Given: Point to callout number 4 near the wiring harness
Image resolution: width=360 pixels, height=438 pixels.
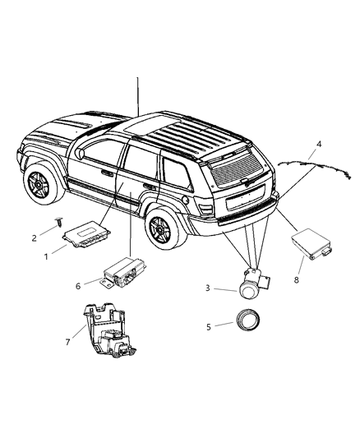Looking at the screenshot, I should tap(317, 145).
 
